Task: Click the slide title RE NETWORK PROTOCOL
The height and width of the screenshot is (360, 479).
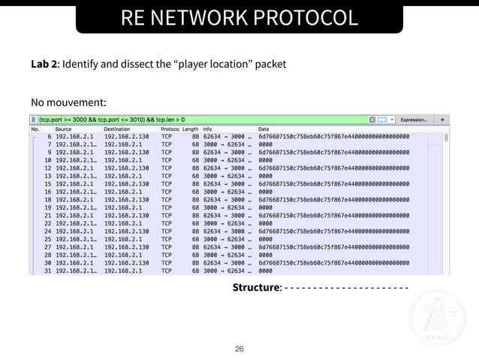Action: [x=239, y=17]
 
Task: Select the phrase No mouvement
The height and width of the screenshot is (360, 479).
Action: [x=68, y=101]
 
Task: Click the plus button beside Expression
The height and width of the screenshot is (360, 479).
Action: [x=442, y=119]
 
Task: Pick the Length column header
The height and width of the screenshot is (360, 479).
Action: [x=191, y=129]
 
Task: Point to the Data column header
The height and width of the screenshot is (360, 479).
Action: [x=265, y=129]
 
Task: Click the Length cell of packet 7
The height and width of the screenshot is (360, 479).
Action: [x=194, y=144]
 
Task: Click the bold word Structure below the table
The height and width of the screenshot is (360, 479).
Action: [x=256, y=287]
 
